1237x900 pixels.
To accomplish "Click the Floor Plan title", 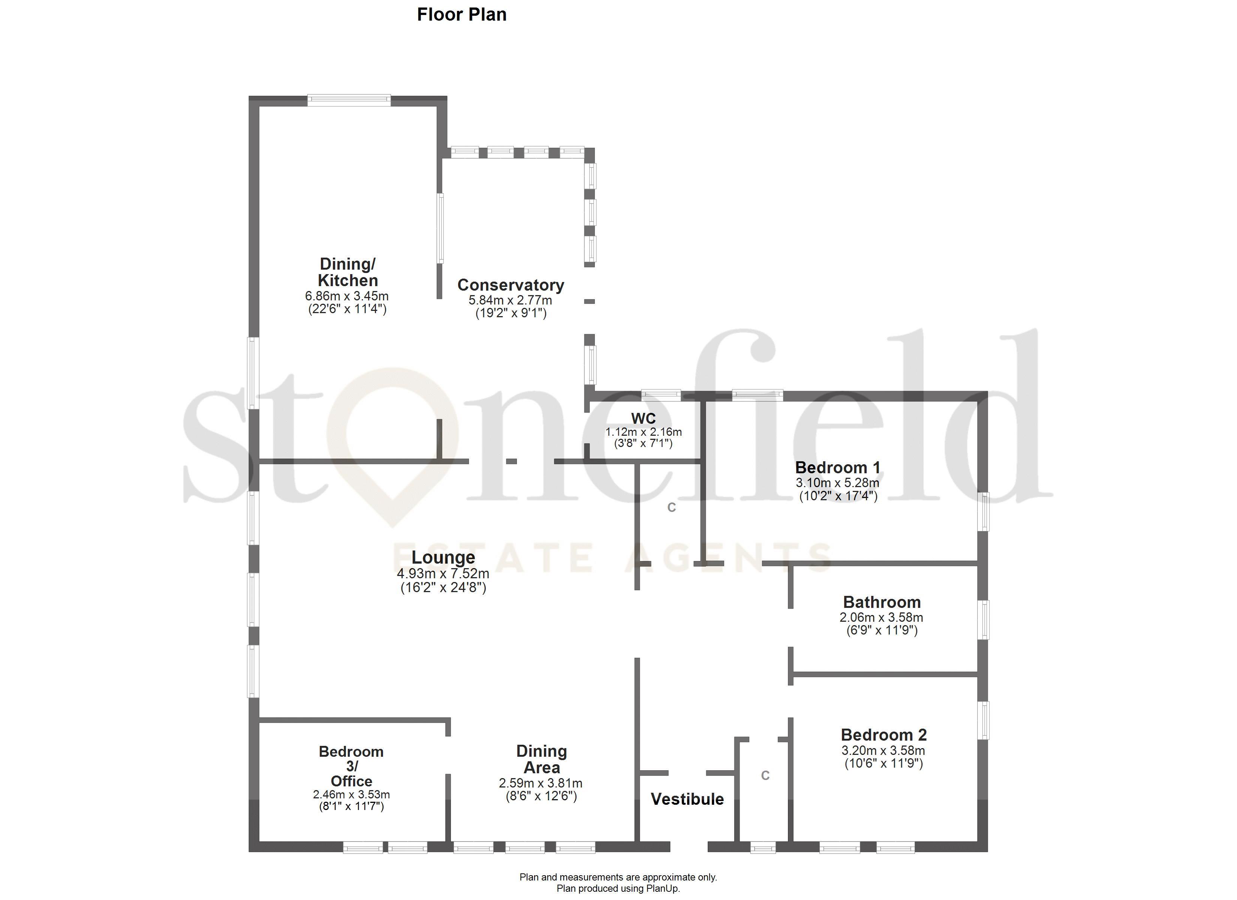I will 461,14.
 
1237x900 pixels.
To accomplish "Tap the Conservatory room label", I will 511,285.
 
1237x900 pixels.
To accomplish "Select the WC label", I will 643,418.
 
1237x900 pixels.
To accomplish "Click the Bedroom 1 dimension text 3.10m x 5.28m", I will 837,483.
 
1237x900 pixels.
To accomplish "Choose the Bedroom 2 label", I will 884,735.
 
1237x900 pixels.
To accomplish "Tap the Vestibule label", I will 687,799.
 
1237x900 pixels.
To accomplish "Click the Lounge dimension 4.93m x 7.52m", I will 443,574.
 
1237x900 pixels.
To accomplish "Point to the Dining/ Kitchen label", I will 347,272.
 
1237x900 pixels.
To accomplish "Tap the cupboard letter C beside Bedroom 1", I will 671,508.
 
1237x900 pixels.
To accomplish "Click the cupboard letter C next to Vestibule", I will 765,775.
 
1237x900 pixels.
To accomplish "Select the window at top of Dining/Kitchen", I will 349,99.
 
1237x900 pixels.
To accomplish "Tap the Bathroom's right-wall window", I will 983,619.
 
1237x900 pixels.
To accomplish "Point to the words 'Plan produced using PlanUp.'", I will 618,888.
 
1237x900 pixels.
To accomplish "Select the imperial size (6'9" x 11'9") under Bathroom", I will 881,630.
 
